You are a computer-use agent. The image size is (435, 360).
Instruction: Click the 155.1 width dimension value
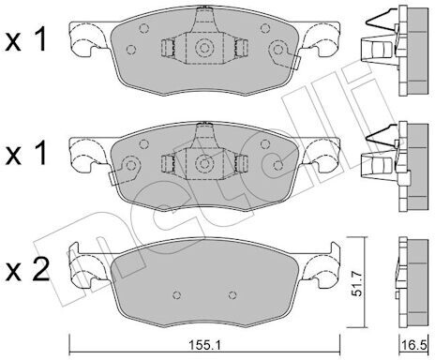coord(204,346)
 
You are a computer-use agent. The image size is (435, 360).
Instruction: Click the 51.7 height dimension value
coord(356,283)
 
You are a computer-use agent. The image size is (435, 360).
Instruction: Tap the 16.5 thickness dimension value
coord(416,346)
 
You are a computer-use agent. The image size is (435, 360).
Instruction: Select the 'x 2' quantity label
coord(27,271)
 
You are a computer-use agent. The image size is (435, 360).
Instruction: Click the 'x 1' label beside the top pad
coord(26,39)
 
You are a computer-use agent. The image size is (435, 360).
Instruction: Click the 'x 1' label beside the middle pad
coord(26,153)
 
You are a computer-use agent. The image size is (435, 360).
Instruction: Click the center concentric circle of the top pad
coord(204,48)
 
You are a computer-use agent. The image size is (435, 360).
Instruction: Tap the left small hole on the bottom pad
coord(177,294)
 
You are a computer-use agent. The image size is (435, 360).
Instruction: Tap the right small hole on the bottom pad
coord(232,294)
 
